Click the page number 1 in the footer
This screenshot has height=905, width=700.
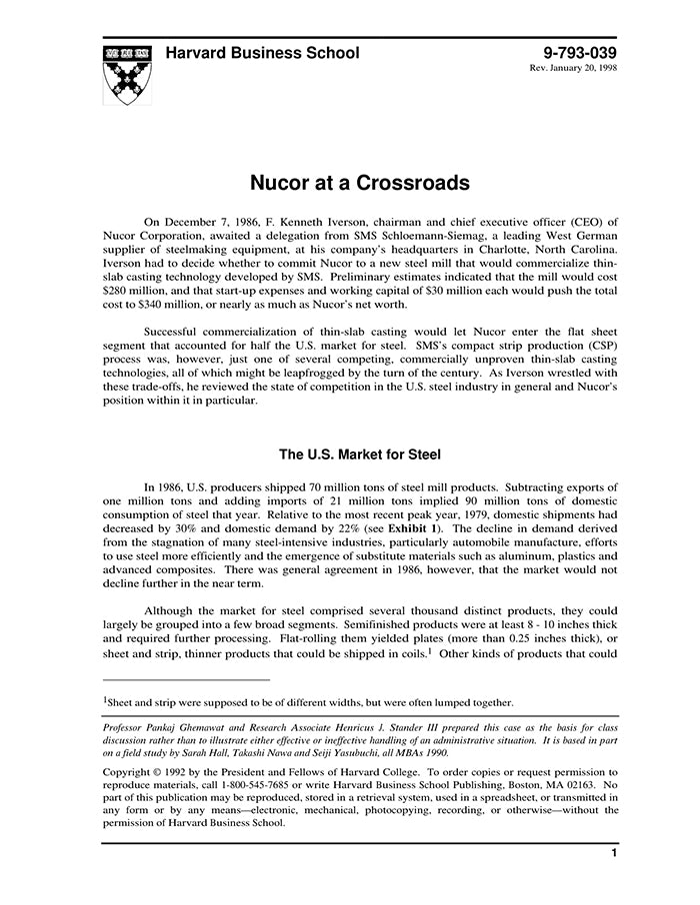613,853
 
